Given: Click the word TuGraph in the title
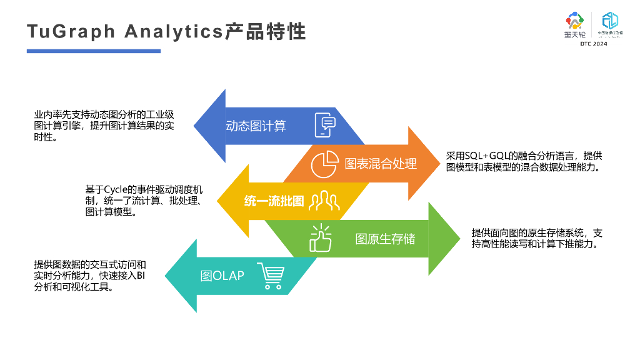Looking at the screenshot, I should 71,31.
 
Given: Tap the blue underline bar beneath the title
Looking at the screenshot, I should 93,51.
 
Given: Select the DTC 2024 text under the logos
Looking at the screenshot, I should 593,44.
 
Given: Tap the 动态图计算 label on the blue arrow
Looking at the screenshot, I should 256,126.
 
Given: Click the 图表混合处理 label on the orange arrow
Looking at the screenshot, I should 381,164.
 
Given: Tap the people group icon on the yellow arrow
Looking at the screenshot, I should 324,201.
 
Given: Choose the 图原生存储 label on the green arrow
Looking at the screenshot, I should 385,238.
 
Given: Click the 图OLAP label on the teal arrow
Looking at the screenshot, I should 222,276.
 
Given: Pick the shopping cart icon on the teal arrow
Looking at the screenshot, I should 271,276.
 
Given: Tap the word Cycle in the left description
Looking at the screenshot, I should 116,189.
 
